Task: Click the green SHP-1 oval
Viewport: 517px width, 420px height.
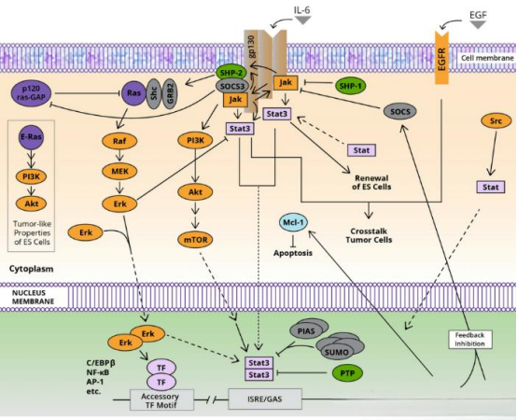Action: [x=351, y=86]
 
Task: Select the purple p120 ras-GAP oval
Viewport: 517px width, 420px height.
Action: [x=32, y=93]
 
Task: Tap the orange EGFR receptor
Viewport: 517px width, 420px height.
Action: [x=441, y=58]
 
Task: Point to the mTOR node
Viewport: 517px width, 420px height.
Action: [x=196, y=240]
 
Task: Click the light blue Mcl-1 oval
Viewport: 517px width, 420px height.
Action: [x=293, y=222]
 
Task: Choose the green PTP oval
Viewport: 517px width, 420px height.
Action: [x=347, y=372]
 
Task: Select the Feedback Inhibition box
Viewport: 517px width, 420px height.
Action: [x=469, y=339]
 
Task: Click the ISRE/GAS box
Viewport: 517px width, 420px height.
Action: [x=265, y=399]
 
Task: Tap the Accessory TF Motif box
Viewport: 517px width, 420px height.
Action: [x=161, y=400]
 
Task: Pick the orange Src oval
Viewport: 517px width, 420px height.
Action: [x=496, y=121]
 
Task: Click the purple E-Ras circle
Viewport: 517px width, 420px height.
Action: [x=31, y=136]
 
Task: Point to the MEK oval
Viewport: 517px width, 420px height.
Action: [x=119, y=171]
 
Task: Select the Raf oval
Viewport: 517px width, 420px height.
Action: [x=119, y=141]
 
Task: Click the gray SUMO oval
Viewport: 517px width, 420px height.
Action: [x=337, y=352]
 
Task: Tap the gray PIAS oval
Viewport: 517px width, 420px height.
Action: [x=307, y=331]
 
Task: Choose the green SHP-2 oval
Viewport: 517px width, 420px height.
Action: [x=232, y=72]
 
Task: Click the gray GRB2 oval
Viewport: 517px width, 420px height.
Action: [x=170, y=93]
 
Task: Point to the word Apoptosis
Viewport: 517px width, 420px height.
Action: [x=293, y=253]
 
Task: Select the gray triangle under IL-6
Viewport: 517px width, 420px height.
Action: [x=302, y=21]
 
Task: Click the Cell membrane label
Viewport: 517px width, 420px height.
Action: [x=487, y=58]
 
